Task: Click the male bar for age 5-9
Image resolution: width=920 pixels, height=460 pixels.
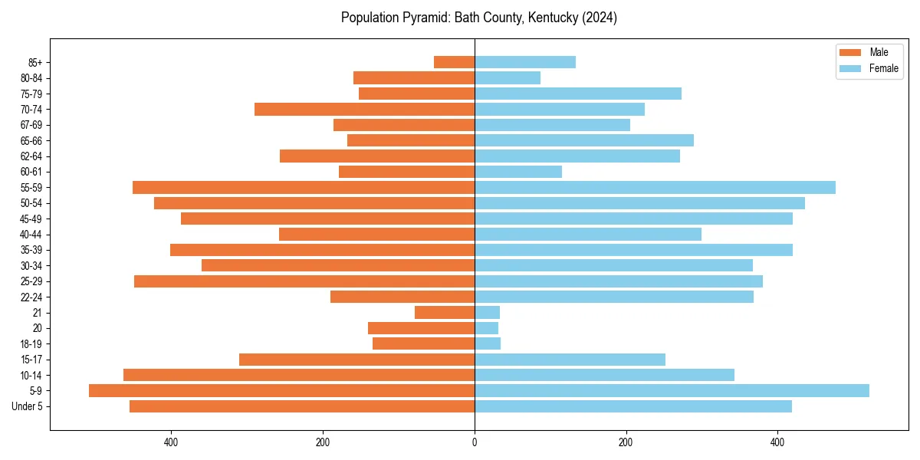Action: click(x=281, y=390)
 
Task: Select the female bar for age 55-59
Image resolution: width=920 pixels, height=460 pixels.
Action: click(x=655, y=187)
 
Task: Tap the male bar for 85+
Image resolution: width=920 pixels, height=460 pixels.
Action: click(x=454, y=62)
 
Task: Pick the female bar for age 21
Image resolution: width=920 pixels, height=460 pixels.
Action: click(x=487, y=312)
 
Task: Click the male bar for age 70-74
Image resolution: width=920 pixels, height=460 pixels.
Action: click(x=364, y=109)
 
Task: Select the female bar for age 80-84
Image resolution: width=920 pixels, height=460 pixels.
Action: click(x=508, y=77)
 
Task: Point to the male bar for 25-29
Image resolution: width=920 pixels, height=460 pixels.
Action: click(x=304, y=281)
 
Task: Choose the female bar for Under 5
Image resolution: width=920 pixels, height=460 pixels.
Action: click(x=633, y=406)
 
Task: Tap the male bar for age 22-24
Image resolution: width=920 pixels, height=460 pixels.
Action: click(x=402, y=297)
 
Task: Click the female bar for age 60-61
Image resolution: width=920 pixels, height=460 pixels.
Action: click(x=518, y=172)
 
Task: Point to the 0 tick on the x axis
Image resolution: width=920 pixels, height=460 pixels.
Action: click(x=475, y=442)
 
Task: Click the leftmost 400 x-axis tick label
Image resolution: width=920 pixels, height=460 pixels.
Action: click(x=171, y=442)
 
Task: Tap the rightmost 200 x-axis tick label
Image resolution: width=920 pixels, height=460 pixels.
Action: click(x=626, y=442)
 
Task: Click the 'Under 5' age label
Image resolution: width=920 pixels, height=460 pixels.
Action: click(x=27, y=406)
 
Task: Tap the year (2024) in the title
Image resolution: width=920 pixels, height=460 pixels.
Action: click(x=600, y=18)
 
